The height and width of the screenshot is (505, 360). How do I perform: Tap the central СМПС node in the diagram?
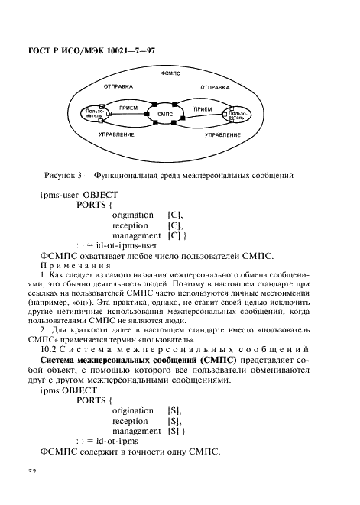tap(167, 114)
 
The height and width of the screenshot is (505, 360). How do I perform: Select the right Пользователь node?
tap(237, 115)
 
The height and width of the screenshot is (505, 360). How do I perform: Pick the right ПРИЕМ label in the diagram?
tap(203, 109)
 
